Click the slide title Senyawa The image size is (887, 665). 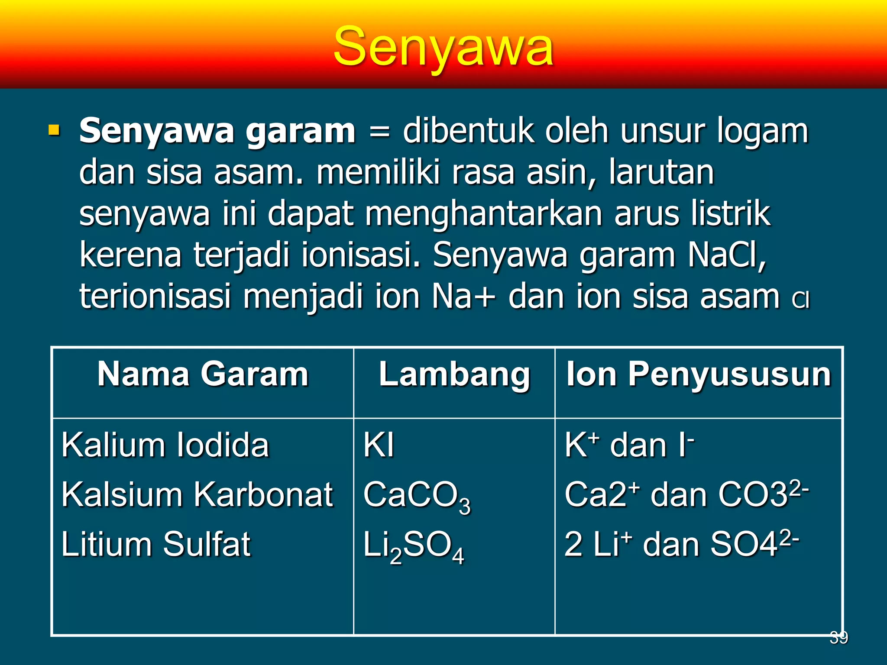(x=443, y=47)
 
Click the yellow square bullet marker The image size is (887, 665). (x=54, y=129)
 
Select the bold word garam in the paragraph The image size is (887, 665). (x=300, y=131)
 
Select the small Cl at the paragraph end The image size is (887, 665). (x=800, y=300)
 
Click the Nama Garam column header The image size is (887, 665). (x=203, y=374)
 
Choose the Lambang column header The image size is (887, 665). (x=454, y=374)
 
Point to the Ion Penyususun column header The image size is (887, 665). (x=699, y=374)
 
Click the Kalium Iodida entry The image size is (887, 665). (x=165, y=445)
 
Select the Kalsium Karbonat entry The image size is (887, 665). (x=197, y=494)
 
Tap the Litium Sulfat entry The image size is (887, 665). (x=156, y=544)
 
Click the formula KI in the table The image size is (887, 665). (x=379, y=445)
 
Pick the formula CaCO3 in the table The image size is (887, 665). (x=416, y=496)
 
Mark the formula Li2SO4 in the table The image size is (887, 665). (x=413, y=546)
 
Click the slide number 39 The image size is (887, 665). (x=838, y=637)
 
